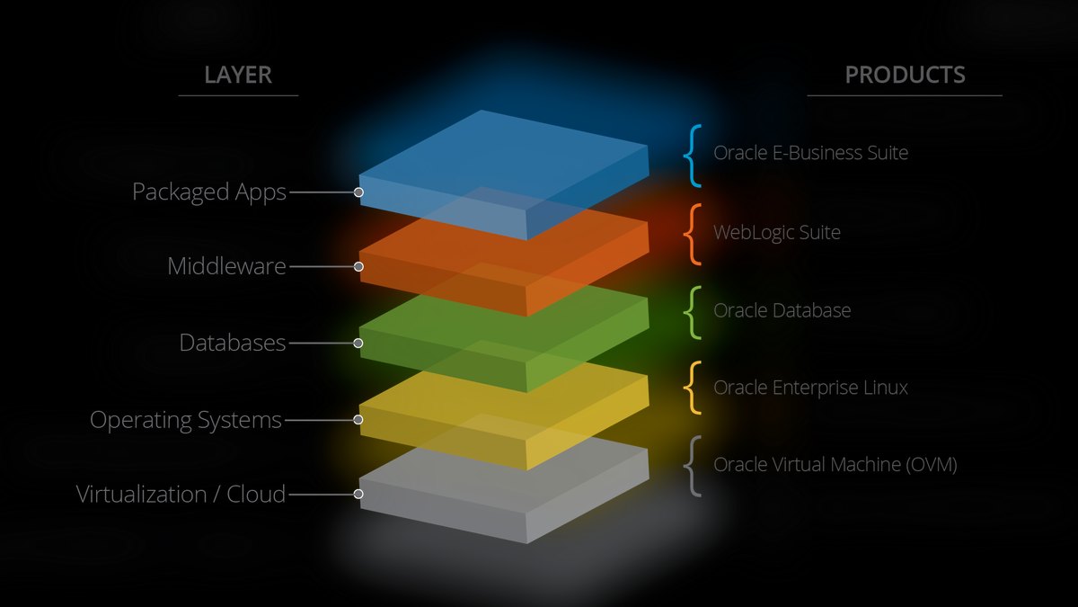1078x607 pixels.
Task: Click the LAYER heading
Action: point(238,75)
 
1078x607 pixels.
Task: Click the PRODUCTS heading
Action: point(906,75)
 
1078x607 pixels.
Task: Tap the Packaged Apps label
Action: point(209,192)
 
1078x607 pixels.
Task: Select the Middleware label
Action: point(226,266)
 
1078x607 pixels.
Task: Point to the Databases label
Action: point(233,343)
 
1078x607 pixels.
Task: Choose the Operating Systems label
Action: point(186,420)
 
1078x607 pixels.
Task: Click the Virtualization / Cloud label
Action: point(181,495)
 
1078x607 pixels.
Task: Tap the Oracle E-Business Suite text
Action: point(811,153)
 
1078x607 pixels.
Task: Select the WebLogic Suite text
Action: point(777,232)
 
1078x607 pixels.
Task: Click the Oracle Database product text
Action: point(782,310)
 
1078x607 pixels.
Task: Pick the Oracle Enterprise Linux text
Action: point(811,388)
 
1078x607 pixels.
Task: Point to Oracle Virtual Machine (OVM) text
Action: point(835,464)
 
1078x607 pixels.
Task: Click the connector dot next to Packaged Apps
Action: point(358,192)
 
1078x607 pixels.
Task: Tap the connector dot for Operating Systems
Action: point(358,420)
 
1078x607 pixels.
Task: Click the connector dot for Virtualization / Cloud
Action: point(358,494)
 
